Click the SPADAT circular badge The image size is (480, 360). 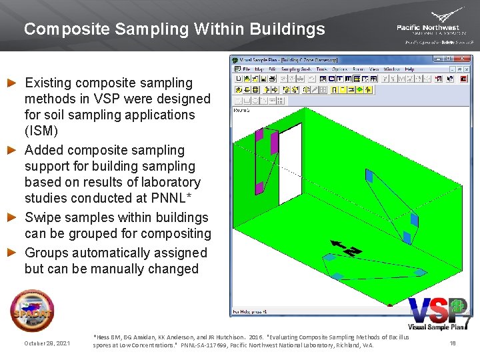coord(31,311)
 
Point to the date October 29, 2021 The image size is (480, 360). coord(47,343)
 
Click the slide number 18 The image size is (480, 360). coord(452,343)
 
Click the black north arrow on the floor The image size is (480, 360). coord(345,250)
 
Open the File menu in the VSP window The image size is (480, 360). coord(246,69)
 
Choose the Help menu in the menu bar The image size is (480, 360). coord(409,69)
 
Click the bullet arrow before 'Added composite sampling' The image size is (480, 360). coord(11,150)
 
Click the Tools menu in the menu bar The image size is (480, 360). coord(322,69)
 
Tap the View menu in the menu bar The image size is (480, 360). coord(374,69)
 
